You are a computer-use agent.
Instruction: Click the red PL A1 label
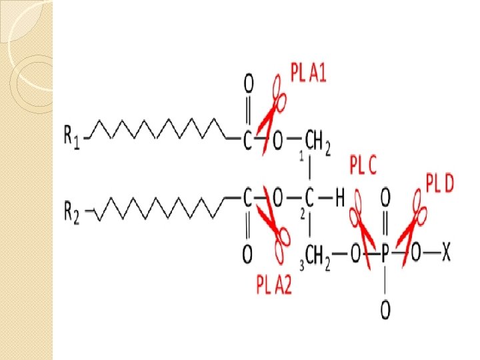point(308,72)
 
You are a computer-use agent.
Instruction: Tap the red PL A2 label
point(274,285)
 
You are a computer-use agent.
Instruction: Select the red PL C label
point(363,165)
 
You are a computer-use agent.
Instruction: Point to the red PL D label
point(439,183)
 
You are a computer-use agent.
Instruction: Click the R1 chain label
point(72,138)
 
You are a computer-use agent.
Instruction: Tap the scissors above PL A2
point(274,231)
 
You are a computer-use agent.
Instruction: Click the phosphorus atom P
point(385,253)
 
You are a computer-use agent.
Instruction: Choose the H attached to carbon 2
point(339,198)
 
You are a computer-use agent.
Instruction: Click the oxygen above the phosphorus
point(385,197)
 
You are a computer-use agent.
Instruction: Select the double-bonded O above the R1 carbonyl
point(247,84)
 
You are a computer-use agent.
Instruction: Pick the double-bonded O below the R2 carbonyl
point(247,254)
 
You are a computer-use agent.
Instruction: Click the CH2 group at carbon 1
point(317,141)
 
